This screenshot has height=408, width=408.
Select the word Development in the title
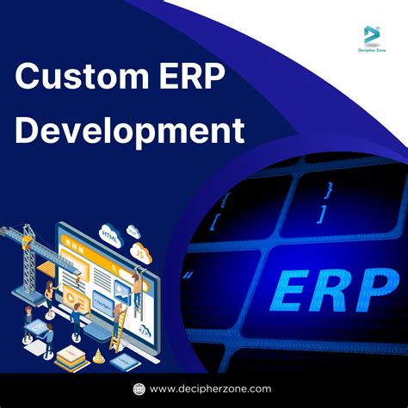tap(129, 131)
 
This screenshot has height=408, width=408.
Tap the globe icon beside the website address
tap(139, 389)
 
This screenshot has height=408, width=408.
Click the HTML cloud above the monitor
tap(109, 233)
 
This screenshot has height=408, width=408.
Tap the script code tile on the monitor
tap(101, 304)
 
